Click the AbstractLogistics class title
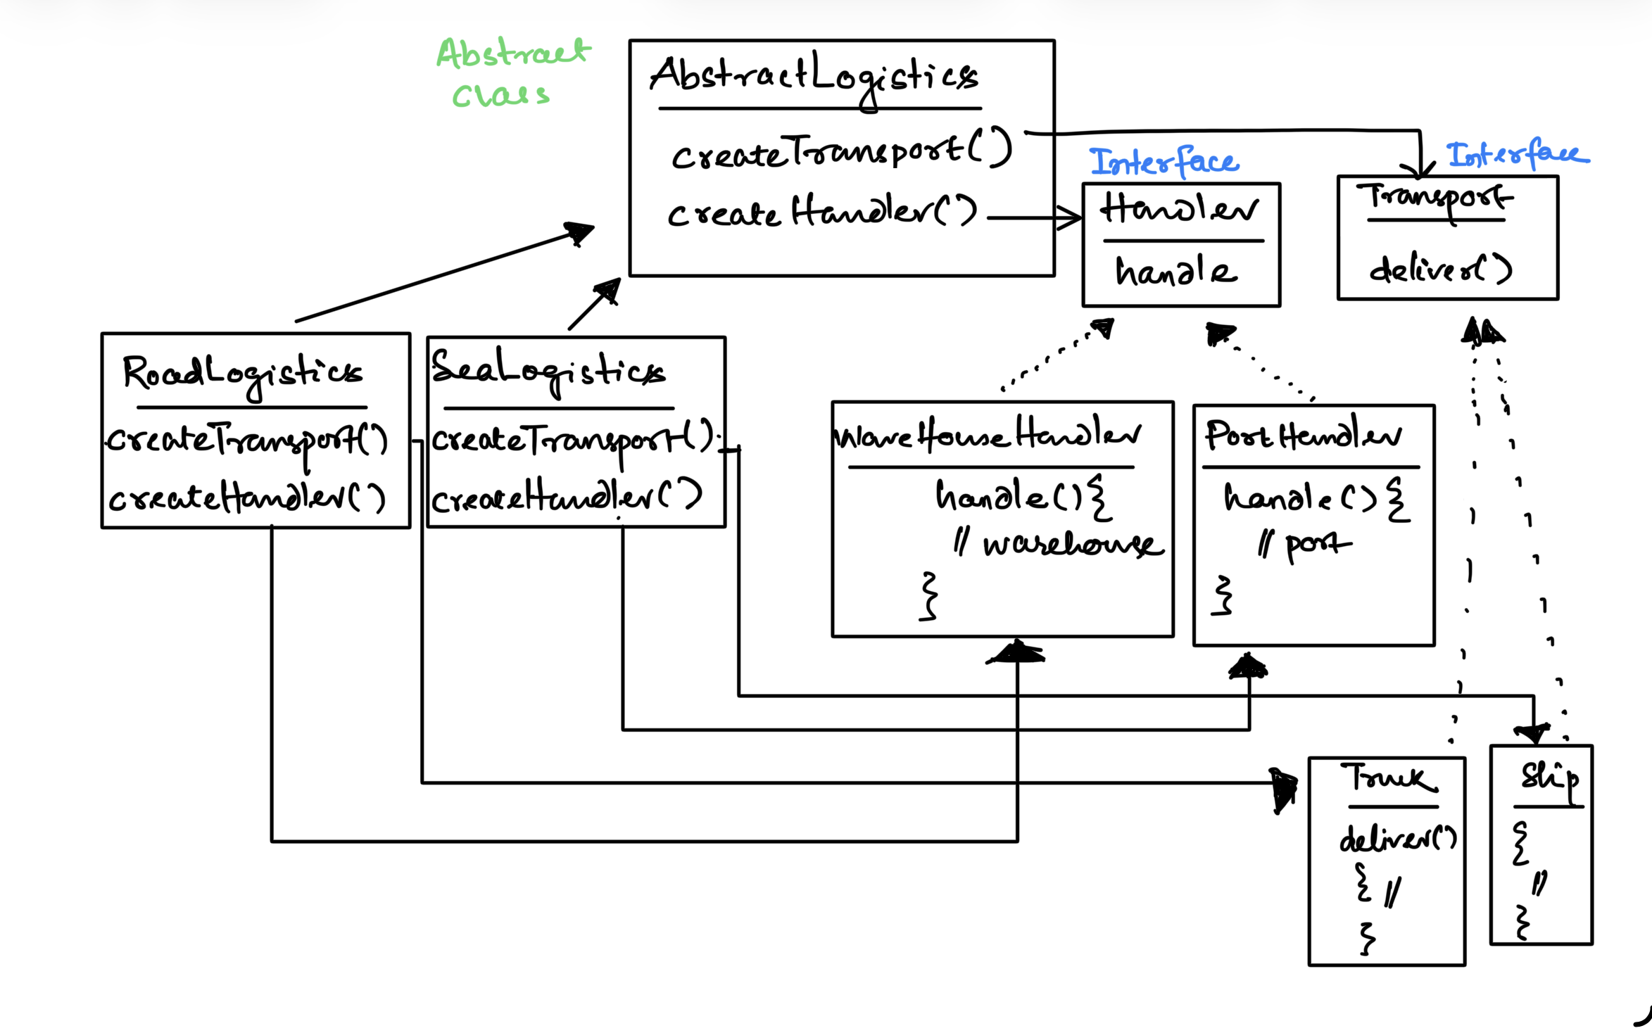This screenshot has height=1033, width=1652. pyautogui.click(x=813, y=76)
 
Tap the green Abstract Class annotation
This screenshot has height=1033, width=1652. pyautogui.click(x=512, y=73)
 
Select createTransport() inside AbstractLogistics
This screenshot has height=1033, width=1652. pyautogui.click(x=841, y=151)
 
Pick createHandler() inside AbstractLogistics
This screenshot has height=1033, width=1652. pyautogui.click(x=822, y=211)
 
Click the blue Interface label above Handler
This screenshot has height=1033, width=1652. pyautogui.click(x=1164, y=162)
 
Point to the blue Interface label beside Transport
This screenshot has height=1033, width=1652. pyautogui.click(x=1517, y=155)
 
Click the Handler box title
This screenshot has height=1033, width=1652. pyautogui.click(x=1180, y=209)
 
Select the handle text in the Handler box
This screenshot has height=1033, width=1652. pyautogui.click(x=1175, y=272)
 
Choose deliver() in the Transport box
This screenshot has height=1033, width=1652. pyautogui.click(x=1440, y=269)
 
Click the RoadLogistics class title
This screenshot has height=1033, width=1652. pyautogui.click(x=243, y=373)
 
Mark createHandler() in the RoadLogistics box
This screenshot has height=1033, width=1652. pyautogui.click(x=246, y=498)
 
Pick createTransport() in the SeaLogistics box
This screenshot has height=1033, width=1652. pyautogui.click(x=572, y=440)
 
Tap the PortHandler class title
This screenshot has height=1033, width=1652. pyautogui.click(x=1302, y=436)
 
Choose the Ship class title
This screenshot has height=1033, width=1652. pyautogui.click(x=1549, y=778)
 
